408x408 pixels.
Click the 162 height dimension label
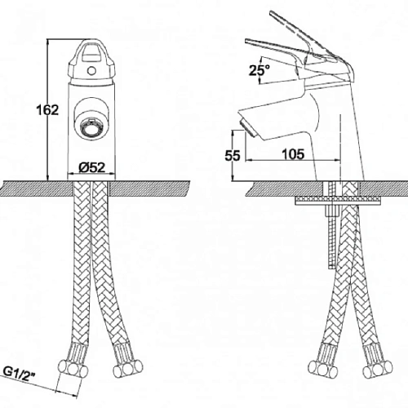pyautogui.click(x=47, y=110)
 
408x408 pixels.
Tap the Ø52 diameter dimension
pyautogui.click(x=91, y=167)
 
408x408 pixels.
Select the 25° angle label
pyautogui.click(x=259, y=70)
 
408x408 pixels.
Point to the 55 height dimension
pyautogui.click(x=233, y=156)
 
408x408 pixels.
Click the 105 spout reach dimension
pyautogui.click(x=293, y=154)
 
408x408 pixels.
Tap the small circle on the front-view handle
pyautogui.click(x=91, y=71)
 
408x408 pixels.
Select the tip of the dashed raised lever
pyautogui.click(x=271, y=12)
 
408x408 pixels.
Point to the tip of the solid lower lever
pyautogui.click(x=247, y=41)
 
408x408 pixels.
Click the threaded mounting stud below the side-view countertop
pyautogui.click(x=332, y=237)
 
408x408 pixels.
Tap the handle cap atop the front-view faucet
pyautogui.click(x=91, y=61)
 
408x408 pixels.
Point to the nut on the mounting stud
pyautogui.click(x=332, y=211)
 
